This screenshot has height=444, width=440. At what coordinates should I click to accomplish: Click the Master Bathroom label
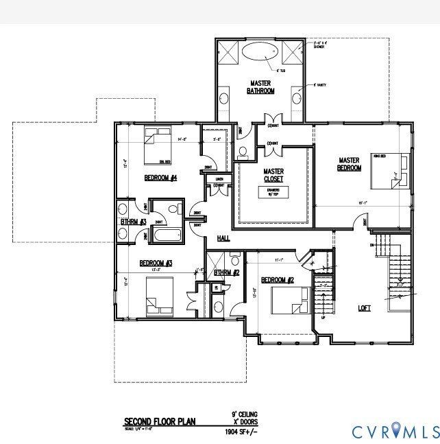coord(261,87)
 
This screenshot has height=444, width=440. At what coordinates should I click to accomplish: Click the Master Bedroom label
coord(350,165)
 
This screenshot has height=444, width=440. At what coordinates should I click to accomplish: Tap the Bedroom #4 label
coord(161,178)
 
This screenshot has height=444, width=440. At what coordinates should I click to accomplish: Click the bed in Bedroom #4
coord(157,145)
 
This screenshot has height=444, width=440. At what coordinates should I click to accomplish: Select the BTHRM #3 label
coord(132,222)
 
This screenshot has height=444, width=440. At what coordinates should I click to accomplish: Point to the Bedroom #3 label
coord(156,263)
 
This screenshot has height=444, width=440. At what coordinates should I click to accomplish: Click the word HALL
coord(223,238)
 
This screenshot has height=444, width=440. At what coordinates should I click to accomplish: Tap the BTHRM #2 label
coord(225,273)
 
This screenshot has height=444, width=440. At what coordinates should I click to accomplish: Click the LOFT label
coord(364,308)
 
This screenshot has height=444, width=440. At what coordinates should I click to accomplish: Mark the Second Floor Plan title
coord(159,421)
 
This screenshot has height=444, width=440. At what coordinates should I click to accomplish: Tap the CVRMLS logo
coord(395,432)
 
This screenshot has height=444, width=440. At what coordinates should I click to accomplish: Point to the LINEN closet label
coord(219,180)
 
